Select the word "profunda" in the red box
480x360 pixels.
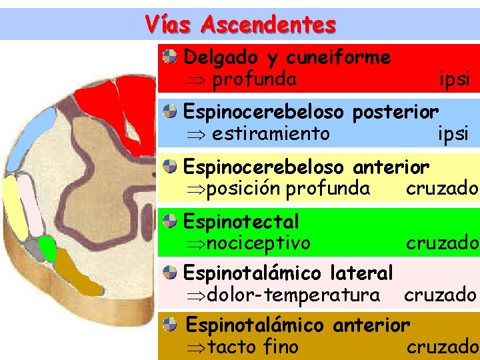coord(254,79)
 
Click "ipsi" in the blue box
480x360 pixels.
coord(453,134)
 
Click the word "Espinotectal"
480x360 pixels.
coord(241,221)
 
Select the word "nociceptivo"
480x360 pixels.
coord(259,243)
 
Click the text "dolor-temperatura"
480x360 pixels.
coord(293,295)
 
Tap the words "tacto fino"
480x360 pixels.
coord(253,347)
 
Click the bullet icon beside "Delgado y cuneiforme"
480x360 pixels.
coord(171,57)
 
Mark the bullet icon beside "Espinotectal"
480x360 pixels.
coord(171,220)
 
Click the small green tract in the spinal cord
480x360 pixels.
coord(47,249)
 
